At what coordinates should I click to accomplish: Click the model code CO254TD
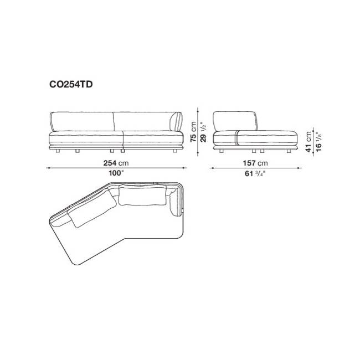click(71, 85)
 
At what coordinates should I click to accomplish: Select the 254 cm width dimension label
click(116, 163)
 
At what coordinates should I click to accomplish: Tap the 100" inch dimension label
click(116, 173)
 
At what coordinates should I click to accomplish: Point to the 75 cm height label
click(193, 132)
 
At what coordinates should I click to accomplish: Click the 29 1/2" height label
click(203, 132)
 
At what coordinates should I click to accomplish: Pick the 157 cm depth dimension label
click(255, 163)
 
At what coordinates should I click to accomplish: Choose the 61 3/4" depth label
click(255, 173)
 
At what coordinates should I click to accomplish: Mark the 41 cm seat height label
click(308, 142)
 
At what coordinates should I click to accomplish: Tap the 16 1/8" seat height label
click(318, 142)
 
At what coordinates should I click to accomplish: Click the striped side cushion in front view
click(176, 122)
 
